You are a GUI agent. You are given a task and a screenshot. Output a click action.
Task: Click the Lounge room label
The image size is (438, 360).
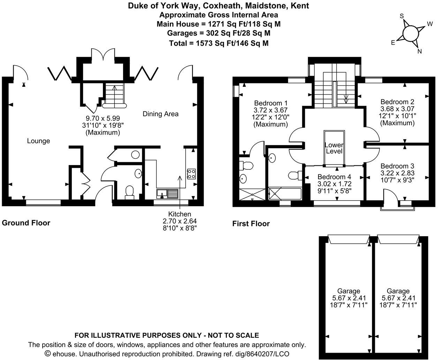38,141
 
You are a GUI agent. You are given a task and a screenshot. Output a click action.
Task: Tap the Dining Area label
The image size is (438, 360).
160,114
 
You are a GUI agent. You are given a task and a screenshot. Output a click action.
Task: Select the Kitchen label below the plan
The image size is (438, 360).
180,214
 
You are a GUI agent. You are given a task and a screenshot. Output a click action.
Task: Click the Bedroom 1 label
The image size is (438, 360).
271,103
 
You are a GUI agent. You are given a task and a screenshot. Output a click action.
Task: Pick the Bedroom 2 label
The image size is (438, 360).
397,102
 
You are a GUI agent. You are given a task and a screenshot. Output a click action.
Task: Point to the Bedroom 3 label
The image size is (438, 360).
397,166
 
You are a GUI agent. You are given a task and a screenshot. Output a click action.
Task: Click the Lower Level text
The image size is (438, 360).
334,148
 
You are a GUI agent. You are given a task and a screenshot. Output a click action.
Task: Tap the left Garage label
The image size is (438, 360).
349,291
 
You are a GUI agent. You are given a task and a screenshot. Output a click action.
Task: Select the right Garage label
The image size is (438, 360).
398,291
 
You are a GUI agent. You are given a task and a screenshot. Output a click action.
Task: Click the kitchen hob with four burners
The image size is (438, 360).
191,174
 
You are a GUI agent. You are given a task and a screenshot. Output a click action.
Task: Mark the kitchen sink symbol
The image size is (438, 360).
168,193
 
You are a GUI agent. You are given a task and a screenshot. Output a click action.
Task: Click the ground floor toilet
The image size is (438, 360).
129,192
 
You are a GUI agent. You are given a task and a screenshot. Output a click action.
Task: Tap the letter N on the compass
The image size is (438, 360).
420,51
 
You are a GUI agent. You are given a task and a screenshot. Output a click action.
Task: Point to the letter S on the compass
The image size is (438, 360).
402,16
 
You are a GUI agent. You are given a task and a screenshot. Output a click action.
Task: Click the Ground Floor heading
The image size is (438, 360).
26,223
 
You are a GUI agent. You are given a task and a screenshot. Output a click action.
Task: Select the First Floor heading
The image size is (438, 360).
251,224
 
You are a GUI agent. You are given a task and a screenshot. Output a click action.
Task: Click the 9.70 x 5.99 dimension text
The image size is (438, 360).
103,119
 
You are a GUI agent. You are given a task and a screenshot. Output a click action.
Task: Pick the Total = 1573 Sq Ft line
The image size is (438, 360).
219,43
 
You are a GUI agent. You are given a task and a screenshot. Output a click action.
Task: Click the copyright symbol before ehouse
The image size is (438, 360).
48,354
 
